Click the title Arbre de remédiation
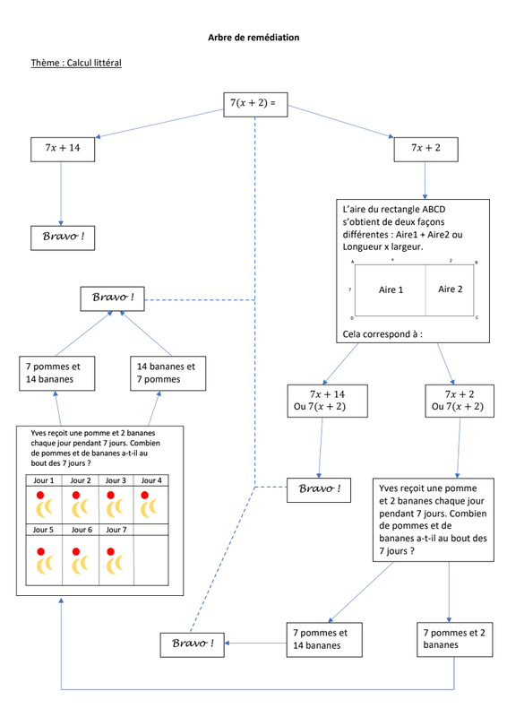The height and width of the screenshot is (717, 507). (253, 38)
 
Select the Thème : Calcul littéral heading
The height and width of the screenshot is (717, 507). (76, 63)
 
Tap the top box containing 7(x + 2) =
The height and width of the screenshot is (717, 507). (255, 105)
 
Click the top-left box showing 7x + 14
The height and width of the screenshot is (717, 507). (63, 150)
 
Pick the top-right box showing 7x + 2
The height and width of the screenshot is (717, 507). (426, 150)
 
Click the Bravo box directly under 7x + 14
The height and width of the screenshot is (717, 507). (63, 238)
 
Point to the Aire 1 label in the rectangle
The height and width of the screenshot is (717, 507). (391, 289)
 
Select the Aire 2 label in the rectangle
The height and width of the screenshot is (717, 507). (451, 289)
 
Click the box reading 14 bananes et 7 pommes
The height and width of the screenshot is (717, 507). (168, 374)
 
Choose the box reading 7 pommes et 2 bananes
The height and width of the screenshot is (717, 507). (455, 640)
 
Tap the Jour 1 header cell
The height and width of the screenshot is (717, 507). (44, 480)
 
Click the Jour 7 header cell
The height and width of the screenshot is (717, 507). (116, 530)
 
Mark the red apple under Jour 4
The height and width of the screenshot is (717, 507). (145, 495)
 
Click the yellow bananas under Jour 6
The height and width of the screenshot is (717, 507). (80, 565)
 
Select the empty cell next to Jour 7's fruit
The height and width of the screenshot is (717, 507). (151, 560)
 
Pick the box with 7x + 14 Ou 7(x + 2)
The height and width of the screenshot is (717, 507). (327, 401)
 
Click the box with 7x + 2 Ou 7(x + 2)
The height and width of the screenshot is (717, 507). (460, 401)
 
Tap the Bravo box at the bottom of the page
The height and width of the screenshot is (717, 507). (192, 645)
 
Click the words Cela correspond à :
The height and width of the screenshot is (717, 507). (382, 334)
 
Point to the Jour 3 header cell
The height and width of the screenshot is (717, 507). (116, 480)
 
